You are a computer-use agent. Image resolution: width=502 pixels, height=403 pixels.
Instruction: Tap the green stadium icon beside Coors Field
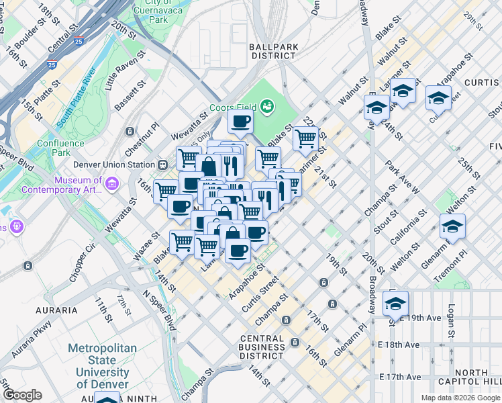point(267,106)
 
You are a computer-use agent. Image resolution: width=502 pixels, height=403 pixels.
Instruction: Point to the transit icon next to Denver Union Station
point(162,165)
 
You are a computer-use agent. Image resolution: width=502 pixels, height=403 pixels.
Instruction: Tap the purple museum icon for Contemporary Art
point(111,183)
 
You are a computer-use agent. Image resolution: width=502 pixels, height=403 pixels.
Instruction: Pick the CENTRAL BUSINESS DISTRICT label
point(262,347)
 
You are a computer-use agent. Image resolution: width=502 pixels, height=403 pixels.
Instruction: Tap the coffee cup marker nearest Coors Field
point(240,122)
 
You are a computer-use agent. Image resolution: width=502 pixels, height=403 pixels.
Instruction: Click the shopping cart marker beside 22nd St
point(305,139)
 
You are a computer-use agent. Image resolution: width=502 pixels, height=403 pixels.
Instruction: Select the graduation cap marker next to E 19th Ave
point(395,304)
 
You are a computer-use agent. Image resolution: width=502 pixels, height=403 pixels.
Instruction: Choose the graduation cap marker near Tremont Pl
point(452,227)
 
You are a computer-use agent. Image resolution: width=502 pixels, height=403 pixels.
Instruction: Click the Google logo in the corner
point(21,395)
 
